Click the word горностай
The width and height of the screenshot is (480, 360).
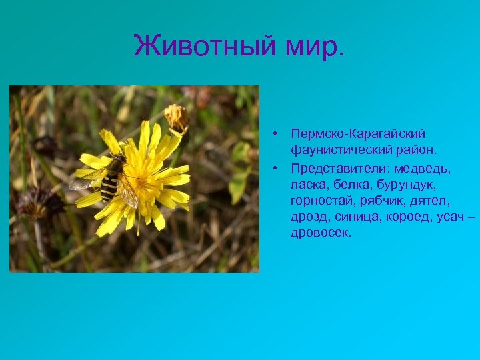319,199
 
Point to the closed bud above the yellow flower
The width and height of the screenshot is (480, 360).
177,118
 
